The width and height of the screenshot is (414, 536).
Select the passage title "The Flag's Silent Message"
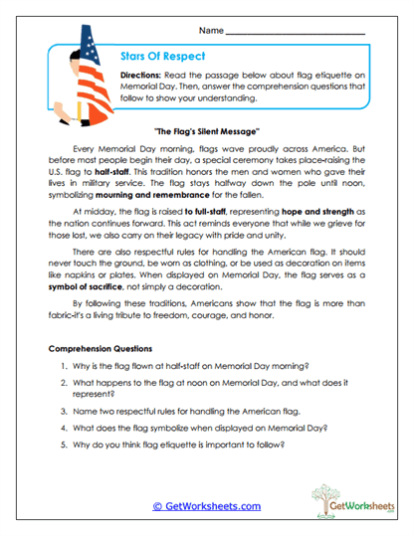tap(208, 131)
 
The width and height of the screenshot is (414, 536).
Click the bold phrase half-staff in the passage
tap(129, 171)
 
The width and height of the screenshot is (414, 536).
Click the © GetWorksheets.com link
tap(206, 505)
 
